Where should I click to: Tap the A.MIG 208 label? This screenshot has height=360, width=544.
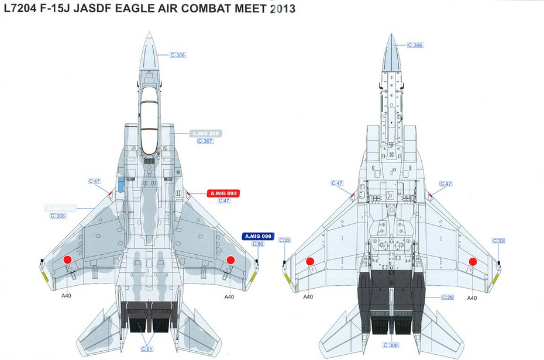tap(205, 134)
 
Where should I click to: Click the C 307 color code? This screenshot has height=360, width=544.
tap(205, 141)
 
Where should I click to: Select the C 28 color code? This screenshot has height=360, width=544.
tap(448, 298)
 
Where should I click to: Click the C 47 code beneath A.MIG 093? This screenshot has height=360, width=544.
tap(224, 201)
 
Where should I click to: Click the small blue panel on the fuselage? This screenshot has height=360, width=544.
tap(120, 185)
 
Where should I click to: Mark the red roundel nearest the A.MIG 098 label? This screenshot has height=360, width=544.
tap(230, 260)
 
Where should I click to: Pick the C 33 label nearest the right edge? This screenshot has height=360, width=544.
tap(498, 241)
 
